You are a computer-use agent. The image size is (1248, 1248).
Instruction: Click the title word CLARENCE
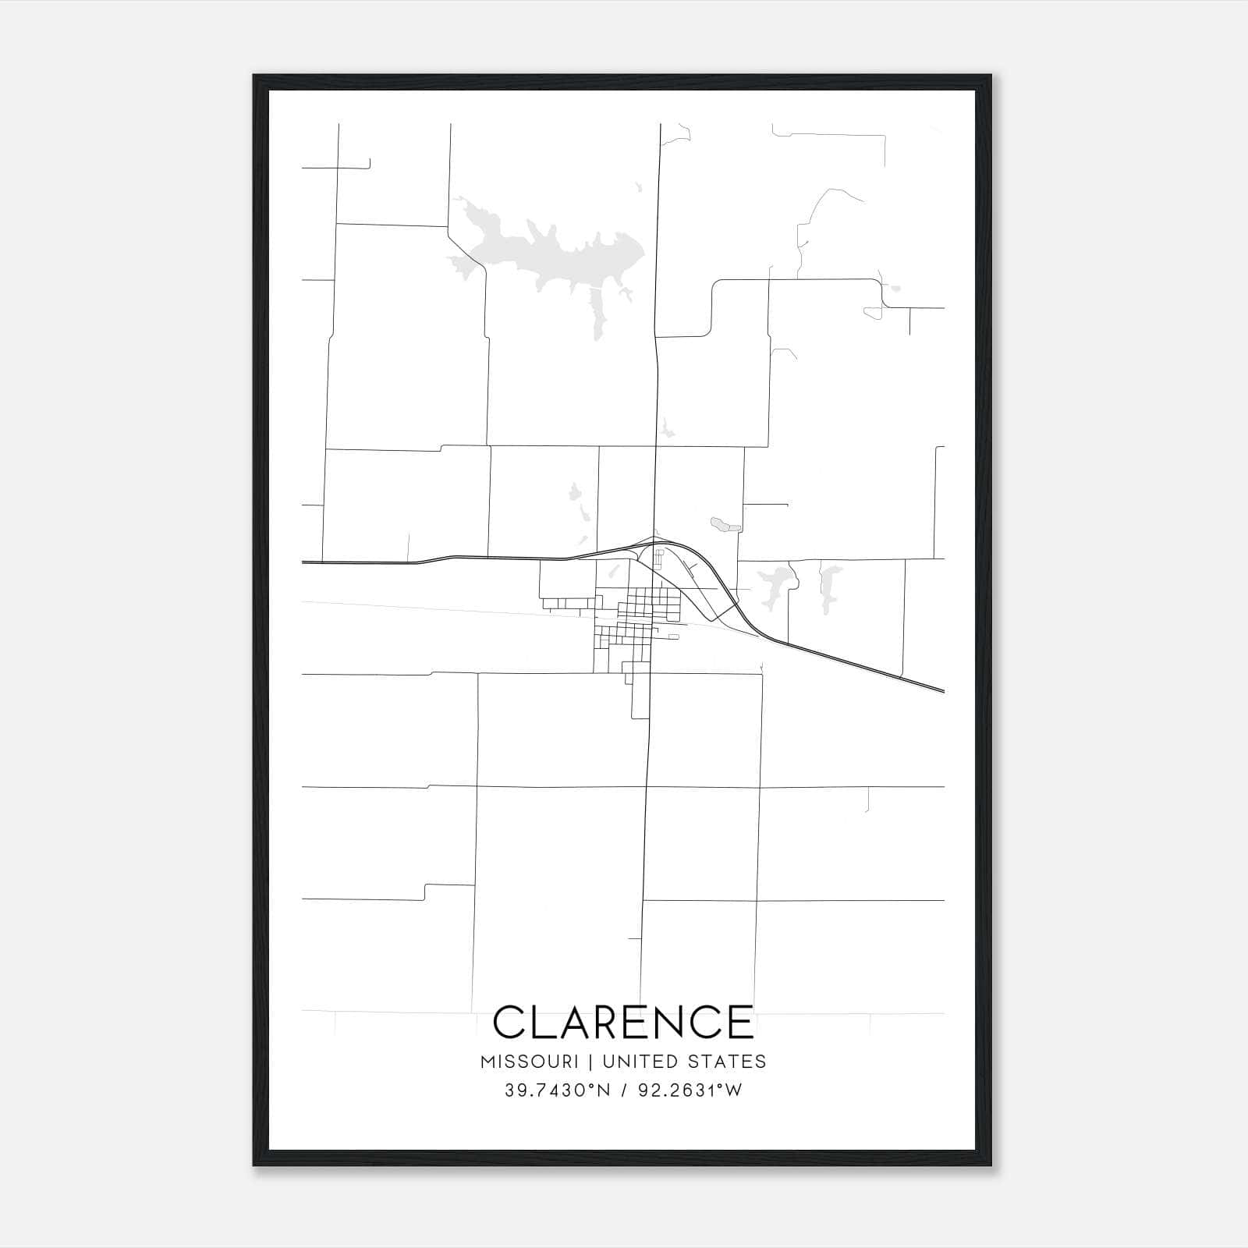(x=623, y=1022)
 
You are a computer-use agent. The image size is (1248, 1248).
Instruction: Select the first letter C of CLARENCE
(x=509, y=1022)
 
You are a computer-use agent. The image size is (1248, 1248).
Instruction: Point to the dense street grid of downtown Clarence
(x=647, y=604)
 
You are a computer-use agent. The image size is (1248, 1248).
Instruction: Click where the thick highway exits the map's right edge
(x=943, y=691)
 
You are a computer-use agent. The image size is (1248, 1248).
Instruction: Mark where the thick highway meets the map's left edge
(x=303, y=562)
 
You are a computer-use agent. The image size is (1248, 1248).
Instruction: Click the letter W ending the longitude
(x=733, y=1090)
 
